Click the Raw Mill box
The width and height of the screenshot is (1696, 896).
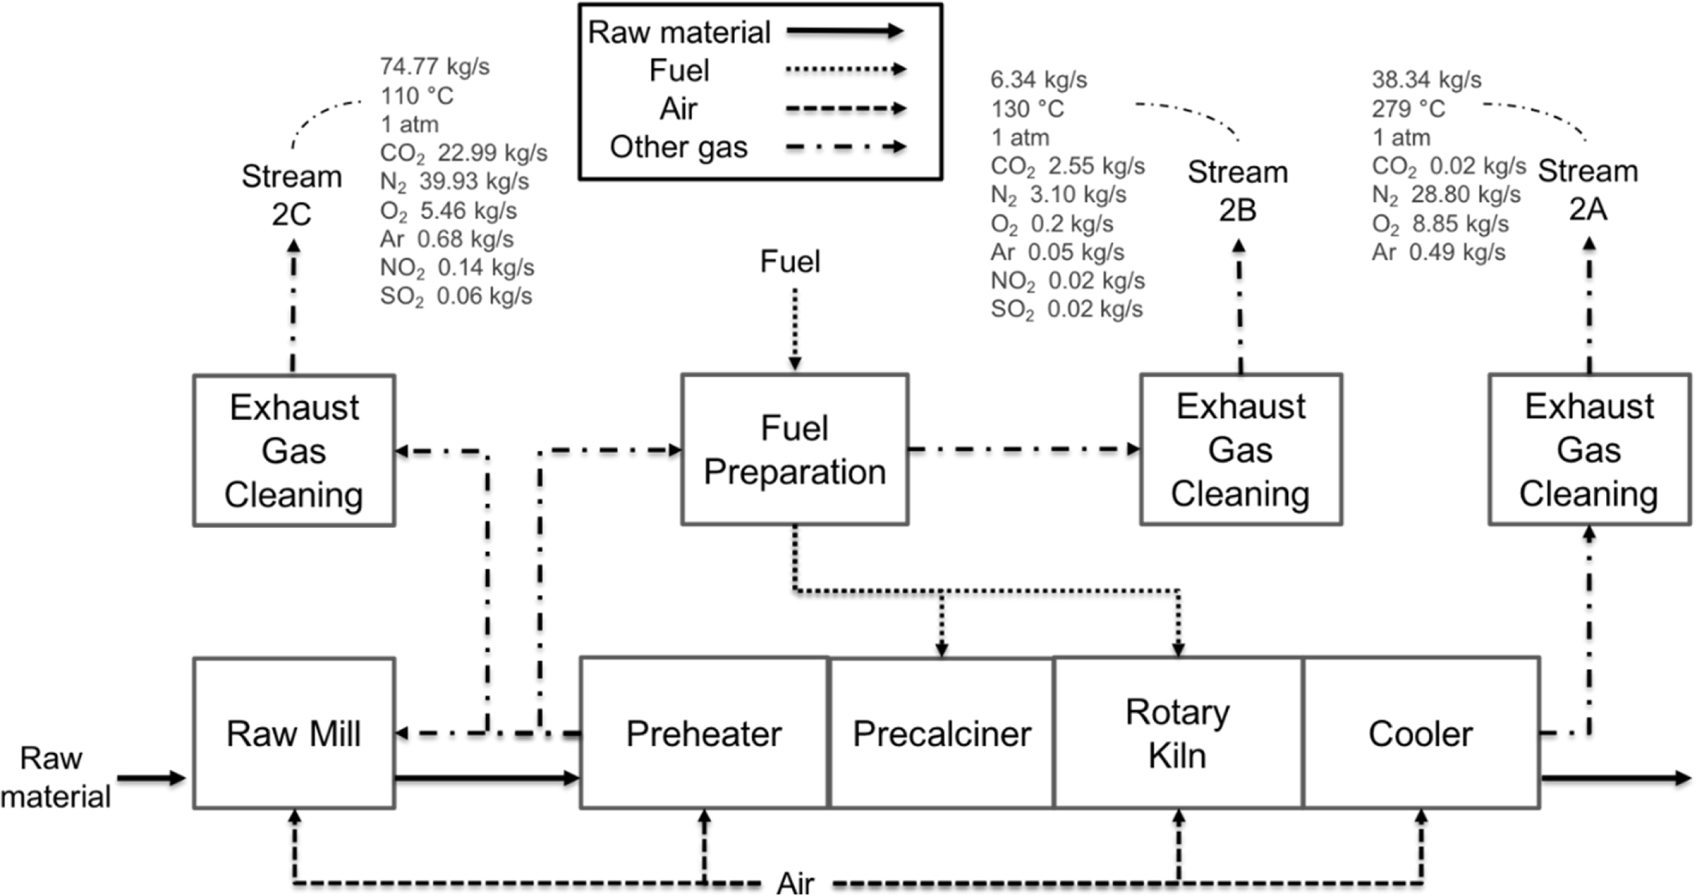tap(293, 733)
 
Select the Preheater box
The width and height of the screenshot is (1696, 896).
tap(703, 733)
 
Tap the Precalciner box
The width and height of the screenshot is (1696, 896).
tap(941, 733)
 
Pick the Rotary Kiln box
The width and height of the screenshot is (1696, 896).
tap(1177, 733)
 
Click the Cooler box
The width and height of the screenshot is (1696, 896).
tap(1421, 733)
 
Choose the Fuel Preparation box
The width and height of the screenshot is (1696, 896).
tap(794, 450)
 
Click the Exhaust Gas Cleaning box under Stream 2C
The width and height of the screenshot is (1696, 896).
tap(293, 451)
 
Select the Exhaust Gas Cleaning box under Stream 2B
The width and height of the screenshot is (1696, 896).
tap(1240, 450)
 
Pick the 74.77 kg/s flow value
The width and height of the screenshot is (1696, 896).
tap(435, 67)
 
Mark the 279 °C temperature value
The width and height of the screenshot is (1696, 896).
tap(1408, 108)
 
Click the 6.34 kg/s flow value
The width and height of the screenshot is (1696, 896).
tap(1039, 80)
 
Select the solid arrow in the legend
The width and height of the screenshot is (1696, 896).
tap(845, 31)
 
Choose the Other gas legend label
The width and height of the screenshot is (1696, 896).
tap(679, 147)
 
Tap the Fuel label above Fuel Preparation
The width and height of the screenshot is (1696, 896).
tap(790, 261)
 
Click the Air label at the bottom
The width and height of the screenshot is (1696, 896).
tap(795, 882)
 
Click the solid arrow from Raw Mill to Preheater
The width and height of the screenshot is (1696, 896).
tap(487, 779)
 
